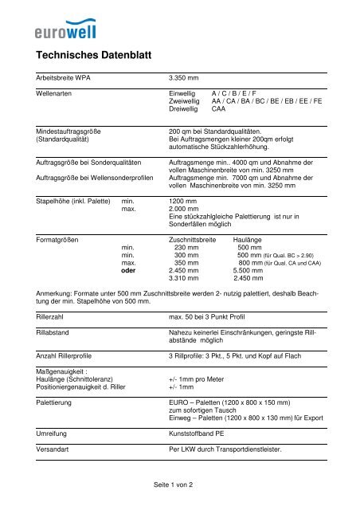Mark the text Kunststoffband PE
click(x=200, y=428)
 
